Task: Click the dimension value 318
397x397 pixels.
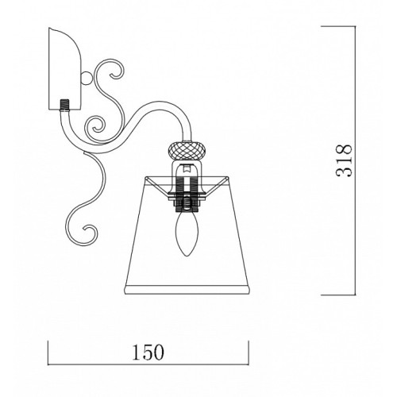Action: (x=344, y=160)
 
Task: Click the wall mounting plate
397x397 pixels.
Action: (x=65, y=69)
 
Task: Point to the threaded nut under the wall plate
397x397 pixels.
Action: (x=64, y=106)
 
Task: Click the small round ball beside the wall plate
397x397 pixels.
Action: (x=87, y=78)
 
